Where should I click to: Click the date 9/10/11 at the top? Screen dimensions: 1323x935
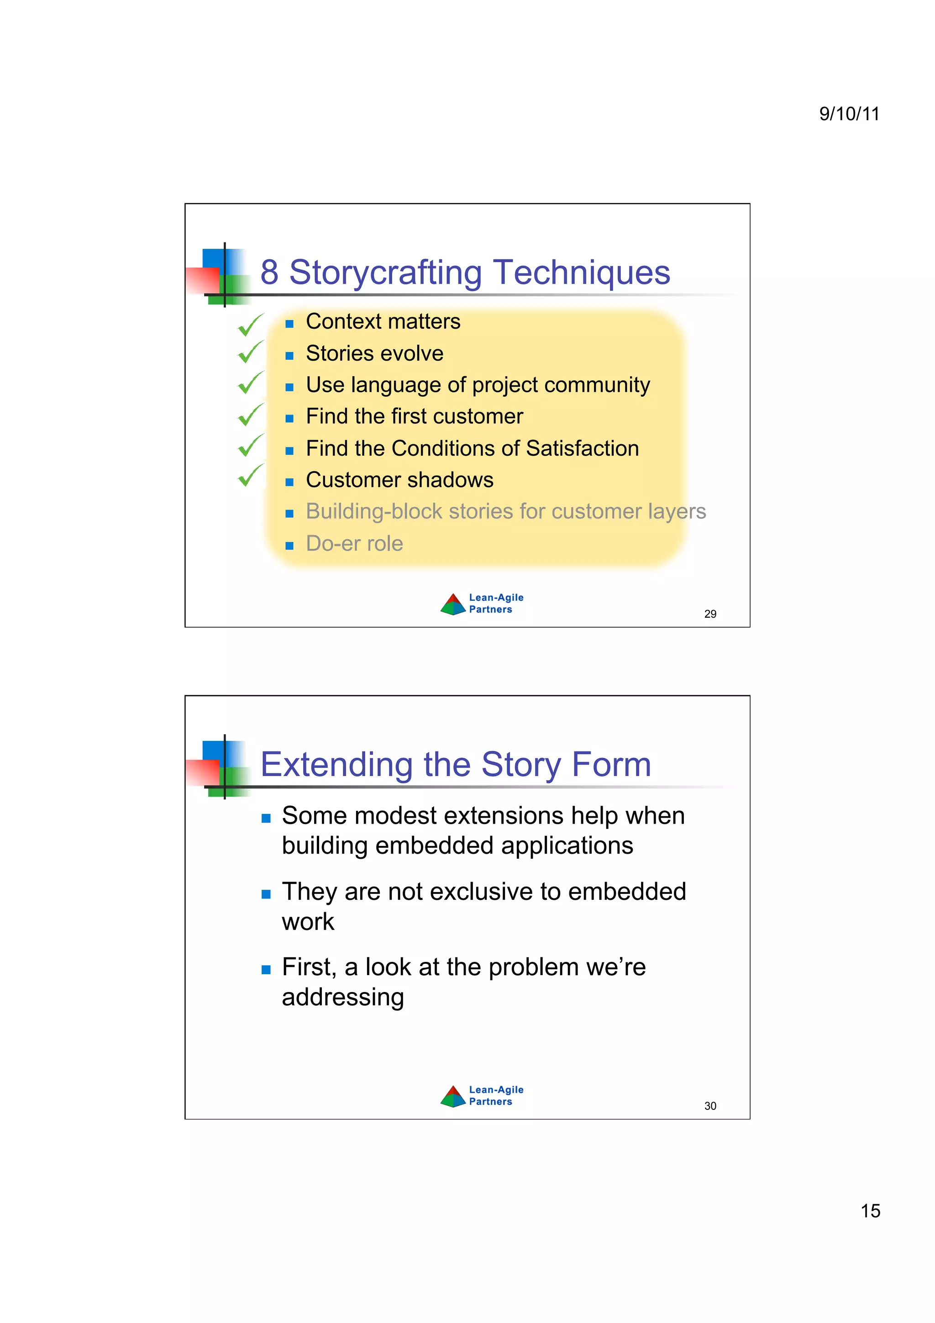849,114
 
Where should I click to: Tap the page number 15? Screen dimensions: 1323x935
870,1211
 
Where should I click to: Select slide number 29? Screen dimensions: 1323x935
710,614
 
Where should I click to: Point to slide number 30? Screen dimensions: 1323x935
710,1106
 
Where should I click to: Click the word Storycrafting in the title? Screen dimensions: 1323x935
385,273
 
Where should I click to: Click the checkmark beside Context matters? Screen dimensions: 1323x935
251,325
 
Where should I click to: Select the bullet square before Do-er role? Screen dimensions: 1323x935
289,545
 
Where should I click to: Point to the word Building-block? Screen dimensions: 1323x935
374,512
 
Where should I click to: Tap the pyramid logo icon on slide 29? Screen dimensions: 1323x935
453,604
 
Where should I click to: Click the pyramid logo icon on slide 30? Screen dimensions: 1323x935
453,1096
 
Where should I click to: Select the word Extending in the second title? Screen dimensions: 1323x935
336,765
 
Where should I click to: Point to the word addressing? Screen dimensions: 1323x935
343,997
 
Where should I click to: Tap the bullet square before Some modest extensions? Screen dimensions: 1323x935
266,818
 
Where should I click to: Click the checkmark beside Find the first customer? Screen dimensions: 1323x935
251,415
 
